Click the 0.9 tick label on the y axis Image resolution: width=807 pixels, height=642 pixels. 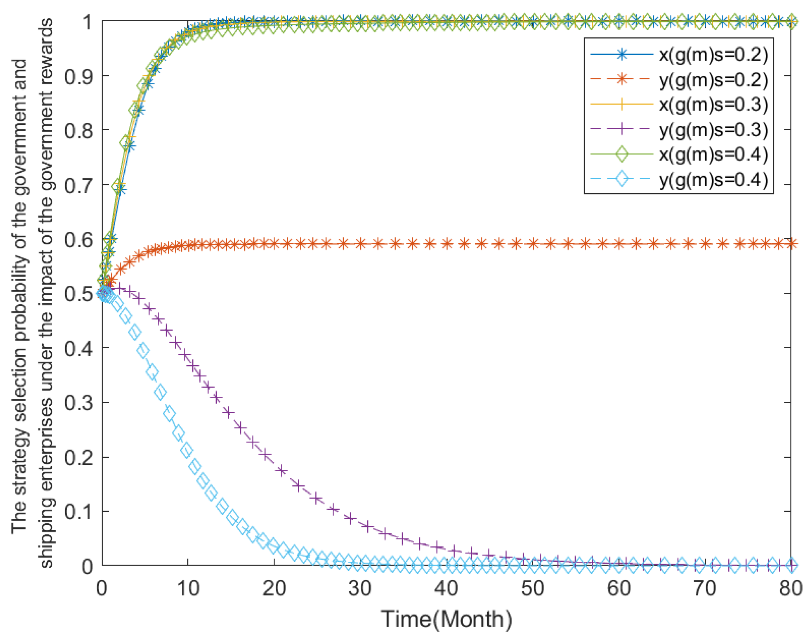point(79,76)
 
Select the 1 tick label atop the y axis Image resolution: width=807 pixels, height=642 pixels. point(87,22)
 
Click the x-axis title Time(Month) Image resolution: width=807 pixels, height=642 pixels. point(446,619)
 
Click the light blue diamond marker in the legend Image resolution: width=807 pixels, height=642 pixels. point(622,179)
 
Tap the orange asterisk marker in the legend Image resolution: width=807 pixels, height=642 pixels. point(622,80)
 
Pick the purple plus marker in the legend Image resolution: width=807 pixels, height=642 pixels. point(622,130)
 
